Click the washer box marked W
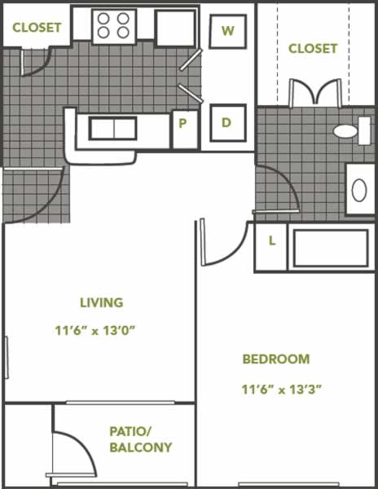click(x=228, y=31)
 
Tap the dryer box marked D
click(x=228, y=123)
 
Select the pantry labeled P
click(x=185, y=130)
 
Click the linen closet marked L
click(x=270, y=247)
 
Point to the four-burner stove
click(x=114, y=26)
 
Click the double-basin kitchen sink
click(x=112, y=128)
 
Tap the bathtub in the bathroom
click(x=331, y=248)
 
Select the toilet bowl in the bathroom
click(x=351, y=130)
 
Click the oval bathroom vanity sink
click(x=359, y=190)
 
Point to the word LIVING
click(x=102, y=303)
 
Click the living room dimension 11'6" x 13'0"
click(x=95, y=330)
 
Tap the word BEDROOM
click(x=276, y=359)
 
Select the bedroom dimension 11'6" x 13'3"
click(x=281, y=390)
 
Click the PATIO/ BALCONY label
click(x=141, y=440)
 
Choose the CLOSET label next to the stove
click(x=37, y=28)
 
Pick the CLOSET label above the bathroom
click(x=313, y=48)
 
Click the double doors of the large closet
click(x=315, y=92)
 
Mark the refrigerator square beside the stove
click(x=176, y=28)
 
